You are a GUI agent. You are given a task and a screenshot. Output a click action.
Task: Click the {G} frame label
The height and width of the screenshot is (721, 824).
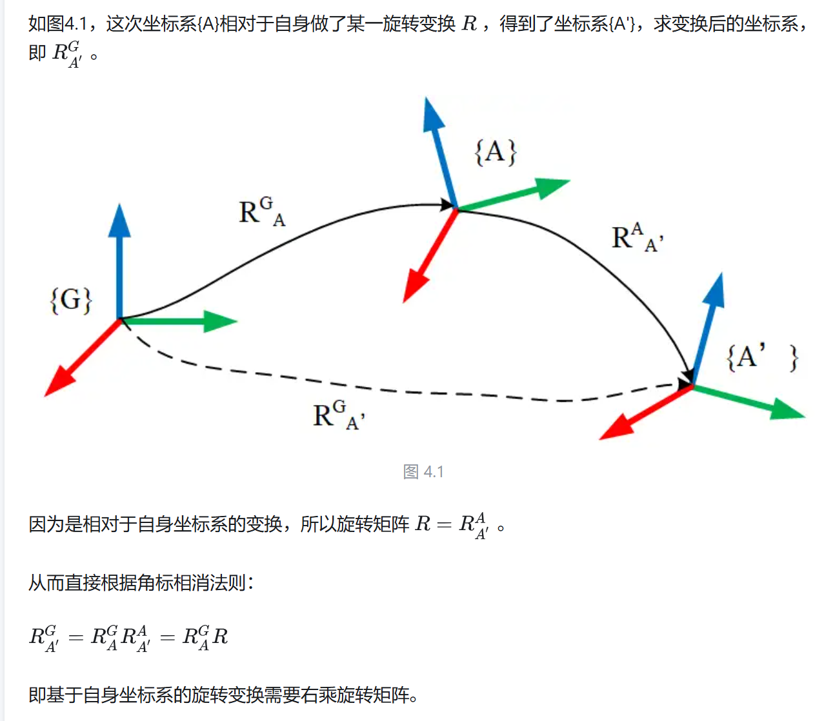[x=71, y=301]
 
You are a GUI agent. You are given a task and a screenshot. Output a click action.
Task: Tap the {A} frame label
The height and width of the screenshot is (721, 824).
[x=496, y=152]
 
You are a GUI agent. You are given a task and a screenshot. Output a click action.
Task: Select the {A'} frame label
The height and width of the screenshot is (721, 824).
[x=762, y=357]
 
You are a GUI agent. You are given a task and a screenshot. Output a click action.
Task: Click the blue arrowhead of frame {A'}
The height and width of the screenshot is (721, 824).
[x=714, y=290]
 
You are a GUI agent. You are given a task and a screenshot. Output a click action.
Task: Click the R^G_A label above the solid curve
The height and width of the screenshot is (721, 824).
[x=261, y=212]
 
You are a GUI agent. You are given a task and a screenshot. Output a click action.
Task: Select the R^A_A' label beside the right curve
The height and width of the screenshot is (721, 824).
[x=636, y=237]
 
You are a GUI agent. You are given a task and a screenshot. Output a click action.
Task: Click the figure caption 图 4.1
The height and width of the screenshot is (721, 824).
[x=423, y=472]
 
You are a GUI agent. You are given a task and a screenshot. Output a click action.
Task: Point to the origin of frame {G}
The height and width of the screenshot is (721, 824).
[x=120, y=319]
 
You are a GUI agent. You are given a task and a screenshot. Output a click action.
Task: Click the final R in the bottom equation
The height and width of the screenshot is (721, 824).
[x=220, y=637]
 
